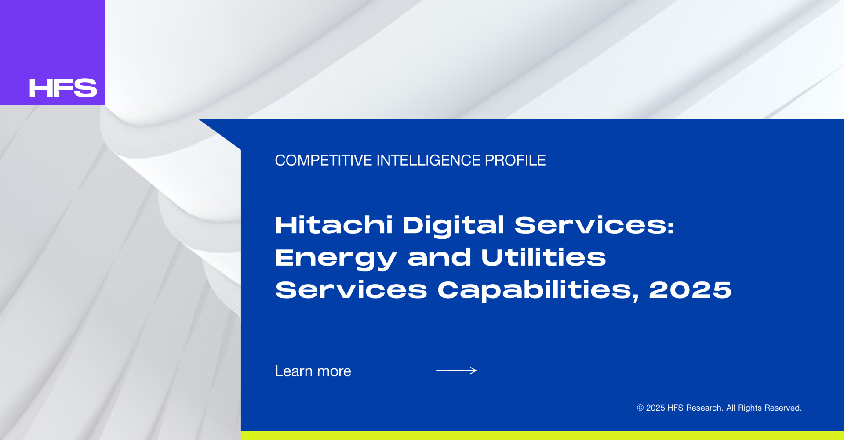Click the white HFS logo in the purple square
point(63,88)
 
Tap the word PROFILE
point(515,160)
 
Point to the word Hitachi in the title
point(334,225)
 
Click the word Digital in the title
point(453,226)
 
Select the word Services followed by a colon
point(594,225)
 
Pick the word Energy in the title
point(336,258)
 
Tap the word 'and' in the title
point(439,257)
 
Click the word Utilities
point(544,257)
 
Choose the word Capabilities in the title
point(538,291)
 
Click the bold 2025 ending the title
point(690,290)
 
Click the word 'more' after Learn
point(334,372)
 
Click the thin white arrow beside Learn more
point(456,371)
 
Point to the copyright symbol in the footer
point(640,408)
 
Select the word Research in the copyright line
point(705,408)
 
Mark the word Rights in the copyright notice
point(750,408)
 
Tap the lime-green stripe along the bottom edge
point(542,435)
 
